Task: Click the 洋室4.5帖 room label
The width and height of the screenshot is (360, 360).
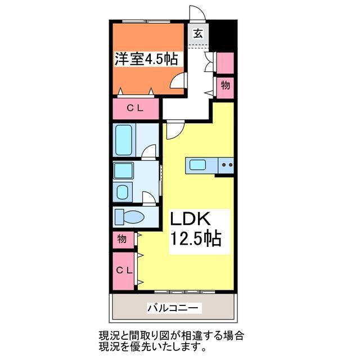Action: [146, 60]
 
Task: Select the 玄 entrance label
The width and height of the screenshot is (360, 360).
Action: [198, 33]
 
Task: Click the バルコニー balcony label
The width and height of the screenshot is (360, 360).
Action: [173, 308]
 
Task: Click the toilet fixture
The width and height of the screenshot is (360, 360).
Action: [130, 216]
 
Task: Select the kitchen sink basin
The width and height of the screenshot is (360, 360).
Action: [197, 165]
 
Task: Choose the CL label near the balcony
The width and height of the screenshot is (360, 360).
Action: [124, 270]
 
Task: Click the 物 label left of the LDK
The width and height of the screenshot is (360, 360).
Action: [122, 239]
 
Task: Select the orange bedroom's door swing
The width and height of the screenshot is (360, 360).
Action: [179, 82]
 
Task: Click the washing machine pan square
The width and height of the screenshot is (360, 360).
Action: [123, 171]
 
